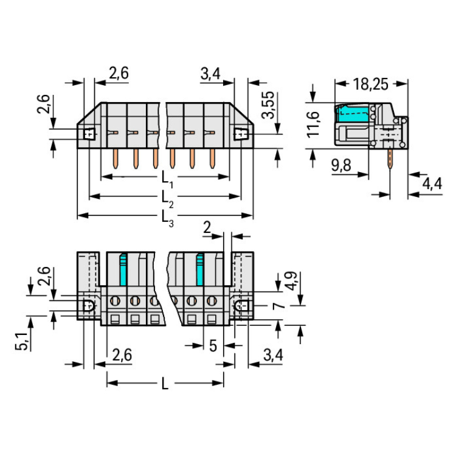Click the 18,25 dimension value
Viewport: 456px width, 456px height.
[x=370, y=84]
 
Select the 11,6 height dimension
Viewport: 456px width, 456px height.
[x=313, y=124]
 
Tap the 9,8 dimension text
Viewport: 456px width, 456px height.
[x=341, y=165]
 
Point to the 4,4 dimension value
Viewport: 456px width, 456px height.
[x=432, y=184]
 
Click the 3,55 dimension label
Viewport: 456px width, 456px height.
[x=268, y=105]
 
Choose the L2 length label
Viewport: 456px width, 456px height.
[x=168, y=199]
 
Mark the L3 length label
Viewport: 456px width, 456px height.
[x=168, y=219]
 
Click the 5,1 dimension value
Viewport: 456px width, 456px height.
[x=21, y=341]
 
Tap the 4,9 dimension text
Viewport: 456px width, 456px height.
[x=291, y=281]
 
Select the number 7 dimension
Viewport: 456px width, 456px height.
[x=278, y=306]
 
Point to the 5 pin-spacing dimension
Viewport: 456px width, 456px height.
[x=213, y=346]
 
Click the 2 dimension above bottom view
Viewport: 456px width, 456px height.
[x=207, y=227]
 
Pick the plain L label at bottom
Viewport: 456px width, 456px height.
[x=165, y=384]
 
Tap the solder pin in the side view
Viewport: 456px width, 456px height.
[x=389, y=159]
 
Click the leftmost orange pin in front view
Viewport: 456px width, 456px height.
[x=116, y=159]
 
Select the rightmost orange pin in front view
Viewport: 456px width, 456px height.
[x=212, y=159]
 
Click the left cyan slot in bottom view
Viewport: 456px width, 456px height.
[x=123, y=269]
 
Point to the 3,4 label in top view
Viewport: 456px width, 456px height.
[x=210, y=74]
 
